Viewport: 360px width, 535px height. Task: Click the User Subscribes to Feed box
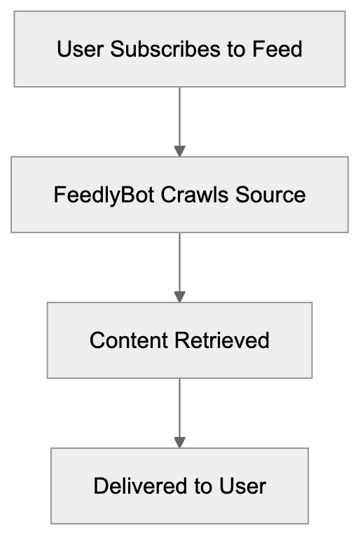pyautogui.click(x=179, y=49)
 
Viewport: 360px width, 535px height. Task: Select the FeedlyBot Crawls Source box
pyautogui.click(x=179, y=194)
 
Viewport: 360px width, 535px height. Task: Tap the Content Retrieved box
pyautogui.click(x=179, y=340)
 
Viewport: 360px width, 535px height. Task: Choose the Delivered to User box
pyautogui.click(x=179, y=486)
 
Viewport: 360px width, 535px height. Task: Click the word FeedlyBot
pyautogui.click(x=104, y=195)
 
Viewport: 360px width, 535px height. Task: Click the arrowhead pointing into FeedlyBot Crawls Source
pyautogui.click(x=179, y=151)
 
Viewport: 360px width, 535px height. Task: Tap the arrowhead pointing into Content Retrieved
pyautogui.click(x=179, y=296)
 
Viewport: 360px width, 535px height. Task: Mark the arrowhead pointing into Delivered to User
pyautogui.click(x=179, y=443)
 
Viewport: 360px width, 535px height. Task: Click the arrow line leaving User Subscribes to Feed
pyautogui.click(x=179, y=116)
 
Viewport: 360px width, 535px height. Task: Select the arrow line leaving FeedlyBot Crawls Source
pyautogui.click(x=179, y=260)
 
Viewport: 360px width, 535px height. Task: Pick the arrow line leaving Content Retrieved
pyautogui.click(x=179, y=406)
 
